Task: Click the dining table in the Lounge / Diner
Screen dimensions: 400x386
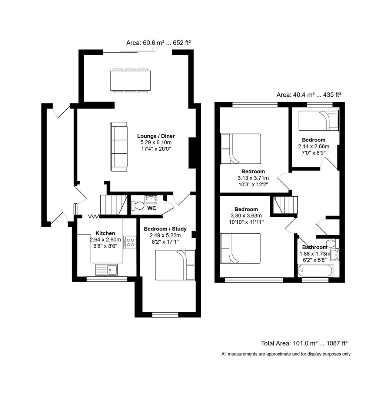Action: coord(130,80)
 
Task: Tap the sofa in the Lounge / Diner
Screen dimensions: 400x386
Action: coord(119,146)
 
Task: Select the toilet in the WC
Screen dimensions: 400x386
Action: coord(137,205)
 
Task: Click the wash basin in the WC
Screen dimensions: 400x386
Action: coord(151,200)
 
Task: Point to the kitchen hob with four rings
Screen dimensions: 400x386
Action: coord(130,242)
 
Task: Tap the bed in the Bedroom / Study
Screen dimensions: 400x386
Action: coord(175,265)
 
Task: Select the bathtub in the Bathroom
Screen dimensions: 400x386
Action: coord(315,270)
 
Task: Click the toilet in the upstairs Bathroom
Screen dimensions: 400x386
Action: coord(335,243)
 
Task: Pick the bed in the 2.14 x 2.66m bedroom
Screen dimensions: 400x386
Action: coord(319,121)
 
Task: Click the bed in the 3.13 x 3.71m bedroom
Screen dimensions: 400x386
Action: coord(241,149)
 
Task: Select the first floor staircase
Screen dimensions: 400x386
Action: coord(286,205)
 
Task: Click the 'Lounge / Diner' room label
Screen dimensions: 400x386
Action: coord(156,136)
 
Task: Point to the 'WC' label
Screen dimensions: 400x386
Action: coord(152,208)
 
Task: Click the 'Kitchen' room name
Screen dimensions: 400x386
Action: coord(105,233)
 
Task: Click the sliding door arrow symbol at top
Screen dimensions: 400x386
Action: coord(155,49)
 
